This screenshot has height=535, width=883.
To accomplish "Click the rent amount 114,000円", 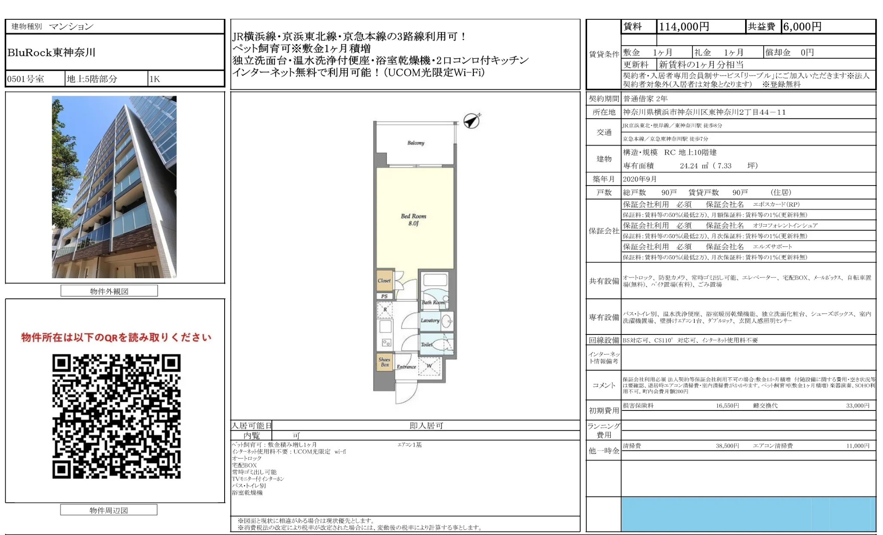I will tap(684, 27).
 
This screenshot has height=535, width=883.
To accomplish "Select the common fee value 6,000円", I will tap(802, 27).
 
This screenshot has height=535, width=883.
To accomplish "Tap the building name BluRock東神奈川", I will tap(52, 52).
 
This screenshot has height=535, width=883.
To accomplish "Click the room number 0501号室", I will tap(26, 79).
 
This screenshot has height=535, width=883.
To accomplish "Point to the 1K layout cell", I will tap(155, 79).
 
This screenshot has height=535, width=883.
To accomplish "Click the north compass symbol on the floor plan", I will tap(472, 121).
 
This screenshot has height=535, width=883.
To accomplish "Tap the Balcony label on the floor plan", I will tap(416, 143).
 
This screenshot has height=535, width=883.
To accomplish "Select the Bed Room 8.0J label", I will tap(414, 219).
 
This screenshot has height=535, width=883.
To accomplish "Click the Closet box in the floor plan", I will tap(384, 281).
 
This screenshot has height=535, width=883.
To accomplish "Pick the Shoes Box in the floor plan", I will tap(384, 362).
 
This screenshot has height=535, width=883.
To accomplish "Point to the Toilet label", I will tap(427, 344).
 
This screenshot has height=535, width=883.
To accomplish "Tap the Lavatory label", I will tap(430, 320).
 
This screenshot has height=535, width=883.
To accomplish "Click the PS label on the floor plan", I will tap(384, 296).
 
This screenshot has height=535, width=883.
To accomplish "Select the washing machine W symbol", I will tap(429, 366).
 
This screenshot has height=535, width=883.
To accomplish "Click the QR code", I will tap(116, 416).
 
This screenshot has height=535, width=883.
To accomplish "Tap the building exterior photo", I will tap(114, 187).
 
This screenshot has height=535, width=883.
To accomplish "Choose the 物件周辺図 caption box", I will tap(109, 510).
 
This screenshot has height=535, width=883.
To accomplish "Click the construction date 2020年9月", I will tap(640, 179).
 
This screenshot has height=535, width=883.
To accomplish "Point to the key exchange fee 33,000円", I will tap(858, 405).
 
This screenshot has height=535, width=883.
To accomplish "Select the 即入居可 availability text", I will tap(426, 426).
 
